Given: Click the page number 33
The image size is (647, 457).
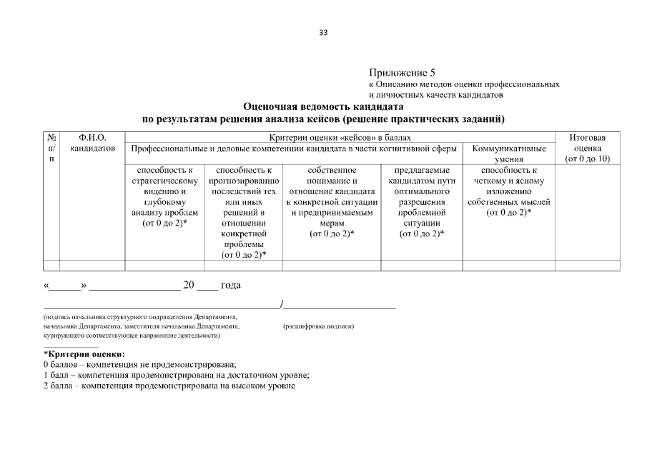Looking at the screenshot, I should [x=323, y=33].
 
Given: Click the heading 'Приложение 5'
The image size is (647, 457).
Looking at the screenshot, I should [x=402, y=73].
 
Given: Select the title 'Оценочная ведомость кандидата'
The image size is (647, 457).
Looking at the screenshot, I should [x=323, y=106].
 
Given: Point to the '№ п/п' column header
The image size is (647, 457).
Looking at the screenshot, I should [x=51, y=148].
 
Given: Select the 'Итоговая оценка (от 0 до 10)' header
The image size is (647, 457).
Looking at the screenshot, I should [x=587, y=148].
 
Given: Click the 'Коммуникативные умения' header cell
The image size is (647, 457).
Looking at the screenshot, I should [x=509, y=154].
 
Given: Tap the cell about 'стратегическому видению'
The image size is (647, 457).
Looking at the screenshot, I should [x=164, y=197].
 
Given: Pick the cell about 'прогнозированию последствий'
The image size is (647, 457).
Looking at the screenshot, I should [x=244, y=212].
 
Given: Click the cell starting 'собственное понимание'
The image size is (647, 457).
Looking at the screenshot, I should [x=332, y=202].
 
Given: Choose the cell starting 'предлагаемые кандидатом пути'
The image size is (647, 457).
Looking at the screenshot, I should [x=421, y=202].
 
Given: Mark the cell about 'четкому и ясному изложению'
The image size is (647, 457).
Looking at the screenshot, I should [x=509, y=192].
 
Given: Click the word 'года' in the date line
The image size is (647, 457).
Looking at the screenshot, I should [x=231, y=286].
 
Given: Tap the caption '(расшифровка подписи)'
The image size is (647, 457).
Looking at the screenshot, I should [x=319, y=326].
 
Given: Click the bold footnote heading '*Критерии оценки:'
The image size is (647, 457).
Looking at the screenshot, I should [x=84, y=354].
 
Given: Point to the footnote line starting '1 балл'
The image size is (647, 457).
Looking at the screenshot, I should [x=176, y=375].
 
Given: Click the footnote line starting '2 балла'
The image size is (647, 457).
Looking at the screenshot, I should [x=169, y=386].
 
